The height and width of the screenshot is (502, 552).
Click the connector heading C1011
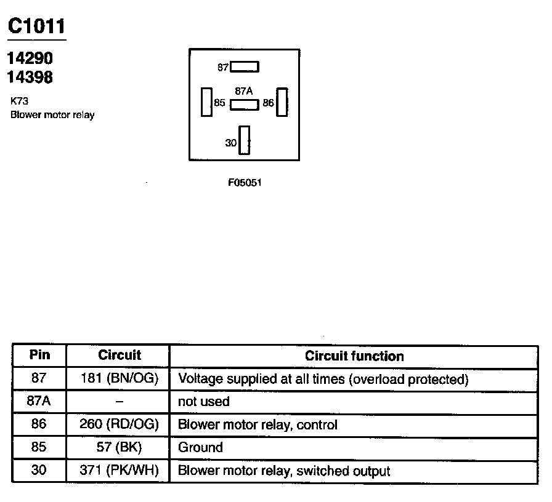tap(36, 26)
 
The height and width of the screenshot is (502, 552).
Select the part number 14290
tap(30, 58)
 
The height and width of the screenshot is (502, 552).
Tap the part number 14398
tap(30, 78)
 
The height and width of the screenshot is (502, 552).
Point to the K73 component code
tap(20, 102)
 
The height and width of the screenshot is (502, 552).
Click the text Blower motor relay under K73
tap(52, 115)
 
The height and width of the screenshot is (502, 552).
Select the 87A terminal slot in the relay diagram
tap(245, 105)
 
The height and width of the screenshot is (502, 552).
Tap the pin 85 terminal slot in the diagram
tap(206, 102)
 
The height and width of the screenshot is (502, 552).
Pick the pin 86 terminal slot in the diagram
tap(282, 102)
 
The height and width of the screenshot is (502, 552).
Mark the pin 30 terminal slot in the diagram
tap(245, 140)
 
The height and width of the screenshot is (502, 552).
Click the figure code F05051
tap(245, 183)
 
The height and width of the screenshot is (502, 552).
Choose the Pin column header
tap(39, 356)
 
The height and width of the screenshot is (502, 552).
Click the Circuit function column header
tap(354, 356)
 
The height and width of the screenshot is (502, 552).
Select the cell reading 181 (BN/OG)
tap(120, 379)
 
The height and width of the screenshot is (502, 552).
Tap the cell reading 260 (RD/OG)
tap(120, 424)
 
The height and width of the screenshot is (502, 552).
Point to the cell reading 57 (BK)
tap(120, 447)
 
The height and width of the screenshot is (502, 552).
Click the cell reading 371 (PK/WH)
tap(120, 471)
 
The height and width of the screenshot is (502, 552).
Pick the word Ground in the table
tap(200, 447)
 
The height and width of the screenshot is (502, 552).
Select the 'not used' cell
tap(203, 402)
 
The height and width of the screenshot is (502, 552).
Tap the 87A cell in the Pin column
tap(39, 402)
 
